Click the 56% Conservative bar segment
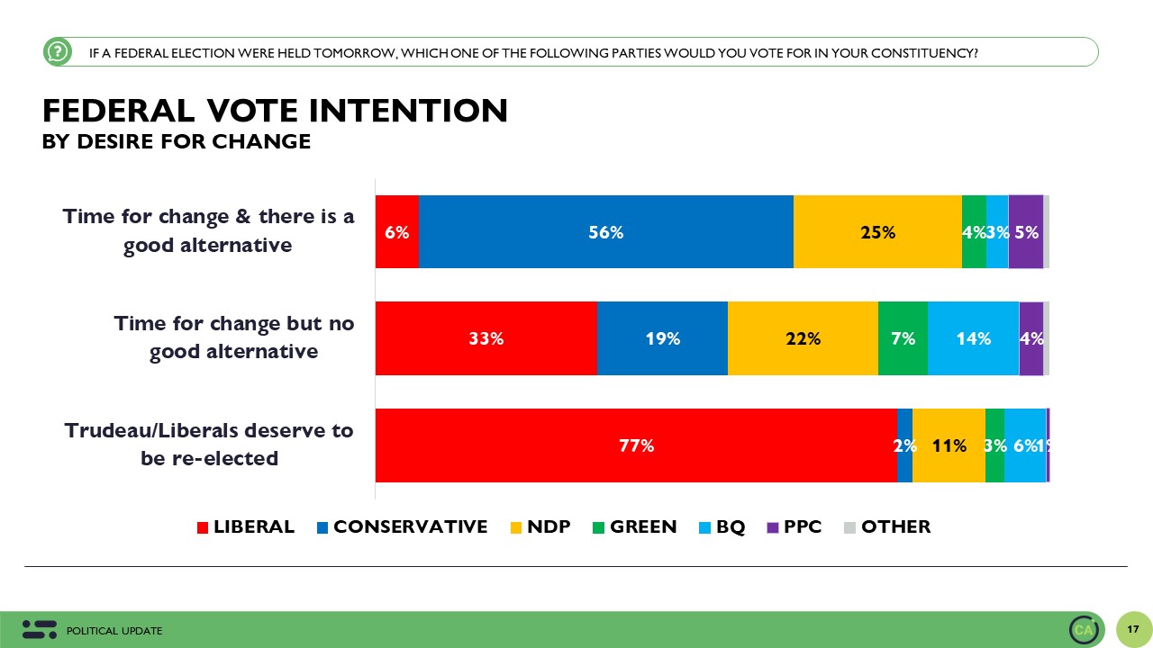pos(605,231)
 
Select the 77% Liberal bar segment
pos(636,445)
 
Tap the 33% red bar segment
pos(486,338)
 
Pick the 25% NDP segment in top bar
pos(877,231)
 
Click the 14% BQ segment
pos(973,338)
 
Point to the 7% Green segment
pos(903,338)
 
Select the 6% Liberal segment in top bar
pos(397,231)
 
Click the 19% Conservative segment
pos(662,338)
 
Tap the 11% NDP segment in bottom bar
pos(949,445)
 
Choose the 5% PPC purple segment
pos(1026,231)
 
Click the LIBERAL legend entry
pos(245,527)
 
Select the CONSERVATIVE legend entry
pos(402,527)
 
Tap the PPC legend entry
pos(794,527)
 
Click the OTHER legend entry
pos(887,527)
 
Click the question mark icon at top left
pos(57,52)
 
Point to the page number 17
pos(1133,628)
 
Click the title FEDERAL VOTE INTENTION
pos(275,111)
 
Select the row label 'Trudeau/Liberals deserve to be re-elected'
pos(209,445)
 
